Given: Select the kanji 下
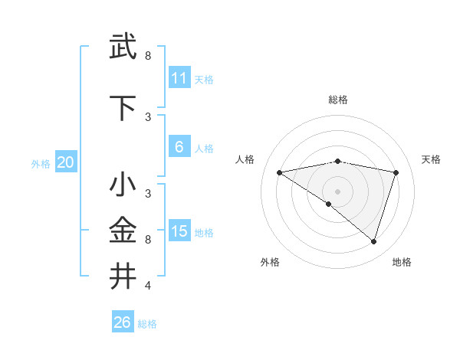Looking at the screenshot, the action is pyautogui.click(x=123, y=109).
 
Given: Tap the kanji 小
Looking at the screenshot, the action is pyautogui.click(x=123, y=186).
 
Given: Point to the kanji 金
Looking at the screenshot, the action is pyautogui.click(x=123, y=230).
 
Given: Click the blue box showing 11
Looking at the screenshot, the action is pyautogui.click(x=179, y=78).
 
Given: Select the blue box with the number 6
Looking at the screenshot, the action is pyautogui.click(x=179, y=147).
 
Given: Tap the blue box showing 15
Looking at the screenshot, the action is pyautogui.click(x=179, y=231).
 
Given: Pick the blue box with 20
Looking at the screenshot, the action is pyautogui.click(x=66, y=162).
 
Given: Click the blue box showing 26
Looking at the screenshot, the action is pyautogui.click(x=123, y=322).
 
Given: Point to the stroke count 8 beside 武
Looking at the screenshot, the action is pyautogui.click(x=148, y=56).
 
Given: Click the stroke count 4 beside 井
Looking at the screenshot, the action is pyautogui.click(x=148, y=286).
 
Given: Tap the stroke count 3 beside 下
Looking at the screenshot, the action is pyautogui.click(x=148, y=117).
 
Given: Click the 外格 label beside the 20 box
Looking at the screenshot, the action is pyautogui.click(x=41, y=163).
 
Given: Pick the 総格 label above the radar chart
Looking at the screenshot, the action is pyautogui.click(x=338, y=100).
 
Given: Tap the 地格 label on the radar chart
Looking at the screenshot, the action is pyautogui.click(x=402, y=263).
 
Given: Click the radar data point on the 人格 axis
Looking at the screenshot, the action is pyautogui.click(x=280, y=172).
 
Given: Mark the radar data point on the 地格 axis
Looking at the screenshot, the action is pyautogui.click(x=373, y=242).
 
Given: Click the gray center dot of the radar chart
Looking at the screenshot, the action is pyautogui.click(x=337, y=190).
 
